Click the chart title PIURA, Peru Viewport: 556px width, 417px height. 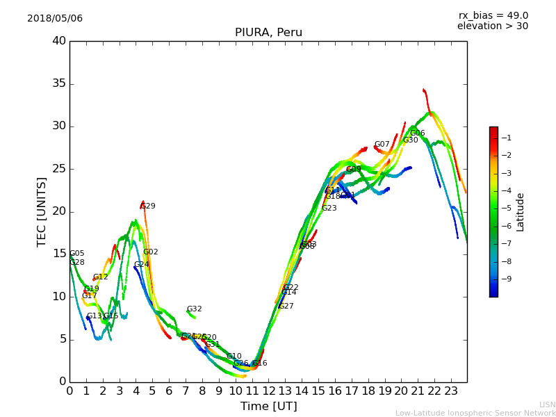point(268,33)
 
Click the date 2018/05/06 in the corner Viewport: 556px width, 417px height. point(55,19)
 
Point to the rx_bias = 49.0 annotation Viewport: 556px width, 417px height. point(493,16)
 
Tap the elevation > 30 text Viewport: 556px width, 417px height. point(493,26)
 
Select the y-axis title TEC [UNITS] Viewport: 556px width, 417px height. point(42,211)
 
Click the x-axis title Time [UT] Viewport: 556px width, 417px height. point(268,407)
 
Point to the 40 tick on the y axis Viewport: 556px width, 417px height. point(59,41)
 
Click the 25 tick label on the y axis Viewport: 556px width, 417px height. point(59,169)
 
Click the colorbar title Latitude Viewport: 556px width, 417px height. point(521,211)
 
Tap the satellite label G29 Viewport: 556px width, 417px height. point(148,206)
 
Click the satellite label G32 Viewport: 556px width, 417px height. point(195,309)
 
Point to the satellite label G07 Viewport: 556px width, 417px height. point(382,145)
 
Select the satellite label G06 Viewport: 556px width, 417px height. point(418,133)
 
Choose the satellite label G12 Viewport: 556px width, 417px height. point(101,277)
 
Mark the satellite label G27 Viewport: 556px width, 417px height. point(286,306)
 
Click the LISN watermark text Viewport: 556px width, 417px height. point(548,404)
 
